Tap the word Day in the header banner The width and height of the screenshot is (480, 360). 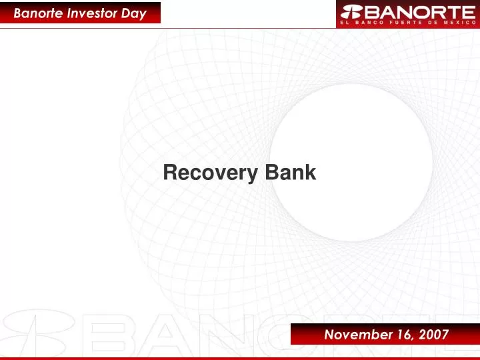tap(134, 13)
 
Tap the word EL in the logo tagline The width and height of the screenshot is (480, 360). tap(345, 23)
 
